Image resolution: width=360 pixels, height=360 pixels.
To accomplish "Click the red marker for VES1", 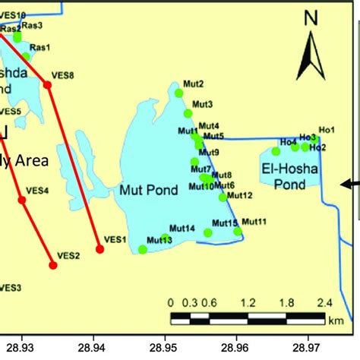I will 99,248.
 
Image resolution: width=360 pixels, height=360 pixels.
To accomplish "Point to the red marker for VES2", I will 53,264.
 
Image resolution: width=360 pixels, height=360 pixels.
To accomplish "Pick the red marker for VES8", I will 47,85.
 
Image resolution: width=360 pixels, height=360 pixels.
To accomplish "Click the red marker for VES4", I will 22,200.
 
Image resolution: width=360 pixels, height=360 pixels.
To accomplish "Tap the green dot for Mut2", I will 179,93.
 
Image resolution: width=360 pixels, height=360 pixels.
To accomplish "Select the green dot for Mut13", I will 143,249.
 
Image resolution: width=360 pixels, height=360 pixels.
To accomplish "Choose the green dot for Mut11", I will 238,231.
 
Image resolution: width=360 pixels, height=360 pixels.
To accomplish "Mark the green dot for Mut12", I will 223,197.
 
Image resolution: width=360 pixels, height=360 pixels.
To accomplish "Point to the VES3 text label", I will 10,288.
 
